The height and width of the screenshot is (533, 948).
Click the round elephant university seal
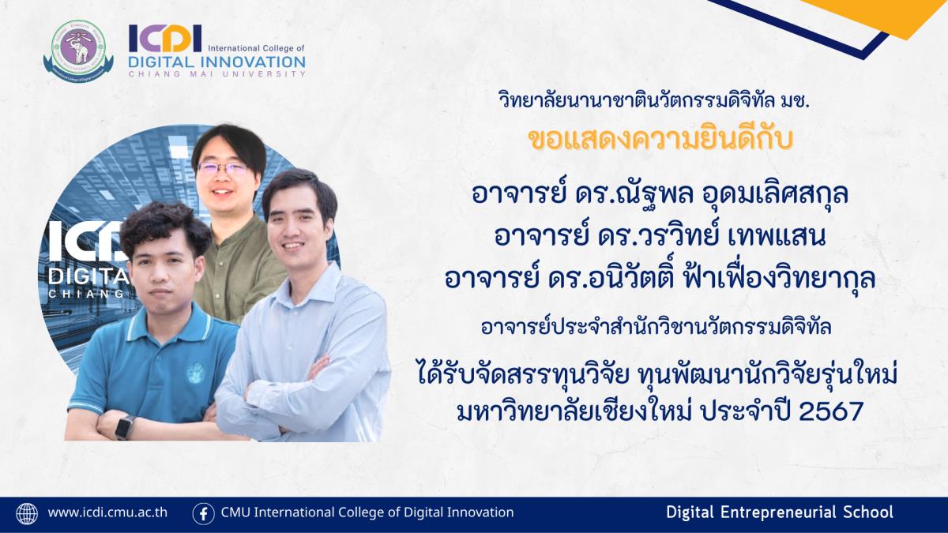point(79,51)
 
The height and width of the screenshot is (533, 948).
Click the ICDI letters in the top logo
point(165,38)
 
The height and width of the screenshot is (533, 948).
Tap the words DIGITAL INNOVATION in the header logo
point(216,62)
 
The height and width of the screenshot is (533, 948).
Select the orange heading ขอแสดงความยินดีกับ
point(660,140)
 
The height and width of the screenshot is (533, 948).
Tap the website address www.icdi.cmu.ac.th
point(107,512)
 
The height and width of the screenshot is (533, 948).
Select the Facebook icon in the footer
point(203,514)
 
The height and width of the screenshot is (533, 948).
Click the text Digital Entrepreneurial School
point(780,512)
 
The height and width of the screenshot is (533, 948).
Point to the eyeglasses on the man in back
point(222,169)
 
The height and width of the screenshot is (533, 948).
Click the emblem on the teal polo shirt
point(196,373)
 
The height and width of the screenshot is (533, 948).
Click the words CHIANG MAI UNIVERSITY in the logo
point(216,74)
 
